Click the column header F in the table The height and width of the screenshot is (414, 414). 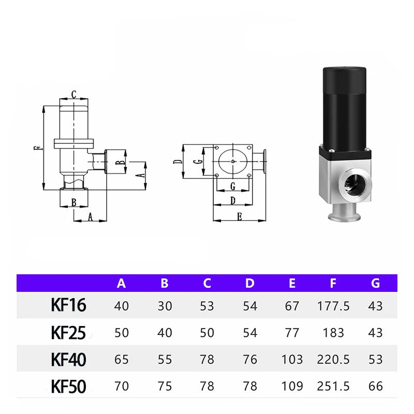(x=333, y=283)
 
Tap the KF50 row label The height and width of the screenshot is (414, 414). (x=68, y=386)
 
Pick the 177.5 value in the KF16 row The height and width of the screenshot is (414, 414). (x=333, y=306)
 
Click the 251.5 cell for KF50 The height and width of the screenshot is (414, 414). (x=333, y=386)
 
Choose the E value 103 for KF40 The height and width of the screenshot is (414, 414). (x=292, y=359)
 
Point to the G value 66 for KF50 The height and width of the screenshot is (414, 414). (x=376, y=386)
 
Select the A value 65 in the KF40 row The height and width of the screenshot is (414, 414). (x=122, y=359)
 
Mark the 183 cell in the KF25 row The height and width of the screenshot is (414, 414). (x=333, y=332)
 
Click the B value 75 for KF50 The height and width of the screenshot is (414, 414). (x=165, y=386)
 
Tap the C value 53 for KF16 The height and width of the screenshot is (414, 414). (x=207, y=306)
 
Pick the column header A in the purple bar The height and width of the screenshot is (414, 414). (x=122, y=283)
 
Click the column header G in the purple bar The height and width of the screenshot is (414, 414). (x=376, y=283)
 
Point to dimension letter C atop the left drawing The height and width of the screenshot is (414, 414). (x=74, y=94)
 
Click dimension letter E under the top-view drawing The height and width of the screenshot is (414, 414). (x=240, y=217)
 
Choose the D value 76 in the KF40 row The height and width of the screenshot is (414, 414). (x=250, y=359)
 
